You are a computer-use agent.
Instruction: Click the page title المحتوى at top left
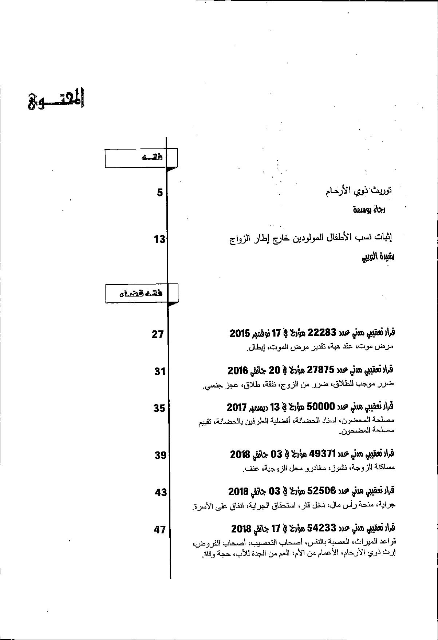tap(56, 99)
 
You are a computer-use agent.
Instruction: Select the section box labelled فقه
tap(141, 158)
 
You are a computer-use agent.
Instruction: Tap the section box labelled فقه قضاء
tap(142, 293)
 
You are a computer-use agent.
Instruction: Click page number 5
tap(160, 193)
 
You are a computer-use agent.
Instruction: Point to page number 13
tap(159, 239)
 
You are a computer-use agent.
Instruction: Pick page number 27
tap(158, 334)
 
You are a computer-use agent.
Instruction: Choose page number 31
tap(159, 371)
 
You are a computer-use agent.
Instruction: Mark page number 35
tap(159, 408)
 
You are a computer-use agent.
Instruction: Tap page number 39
tap(160, 455)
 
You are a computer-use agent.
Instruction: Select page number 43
tap(161, 492)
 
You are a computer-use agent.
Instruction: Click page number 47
tap(160, 530)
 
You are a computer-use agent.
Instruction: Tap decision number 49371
tap(321, 454)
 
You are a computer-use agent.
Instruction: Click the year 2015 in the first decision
tap(239, 333)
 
